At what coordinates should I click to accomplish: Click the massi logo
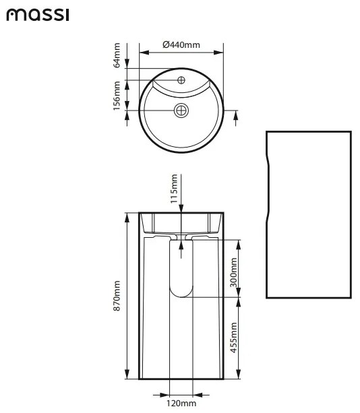click(x=38, y=15)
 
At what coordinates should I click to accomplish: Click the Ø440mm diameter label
click(x=181, y=44)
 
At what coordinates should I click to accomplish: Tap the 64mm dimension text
click(x=117, y=55)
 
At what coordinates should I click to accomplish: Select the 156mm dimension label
click(x=117, y=96)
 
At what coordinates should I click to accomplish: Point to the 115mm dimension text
click(x=174, y=189)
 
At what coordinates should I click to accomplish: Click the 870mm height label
click(x=117, y=296)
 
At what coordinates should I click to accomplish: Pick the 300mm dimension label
click(x=234, y=272)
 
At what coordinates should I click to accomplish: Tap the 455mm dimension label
click(x=234, y=338)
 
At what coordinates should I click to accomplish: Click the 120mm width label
click(x=181, y=403)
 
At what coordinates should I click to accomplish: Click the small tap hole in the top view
click(x=181, y=80)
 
